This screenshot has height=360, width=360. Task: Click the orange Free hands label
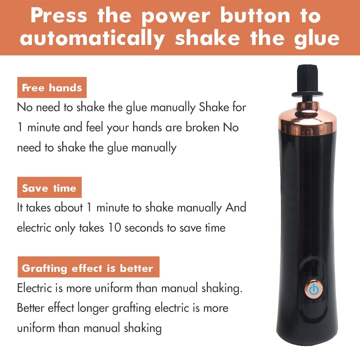tap(52, 88)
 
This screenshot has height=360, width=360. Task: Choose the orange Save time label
tap(49, 188)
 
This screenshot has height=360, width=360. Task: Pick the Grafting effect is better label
tap(88, 268)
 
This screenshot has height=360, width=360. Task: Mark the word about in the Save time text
tap(68, 208)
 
